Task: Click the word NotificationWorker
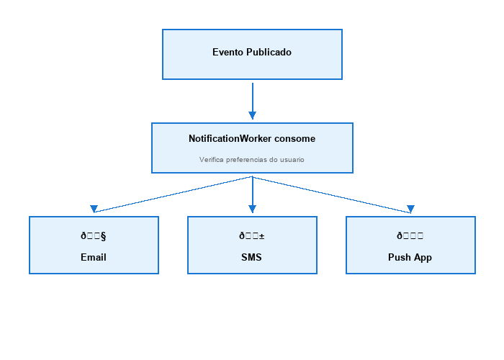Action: [x=230, y=138]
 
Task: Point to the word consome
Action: [x=294, y=138]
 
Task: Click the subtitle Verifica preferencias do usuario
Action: [x=252, y=159]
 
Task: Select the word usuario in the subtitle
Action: [x=291, y=159]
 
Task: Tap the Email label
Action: [x=94, y=257]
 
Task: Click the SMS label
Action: [x=252, y=257]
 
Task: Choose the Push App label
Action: [x=410, y=257]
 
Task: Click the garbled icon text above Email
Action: [x=94, y=235]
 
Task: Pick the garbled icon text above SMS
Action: [x=252, y=235]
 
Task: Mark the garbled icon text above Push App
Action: [x=410, y=235]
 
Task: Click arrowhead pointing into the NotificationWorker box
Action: [x=252, y=115]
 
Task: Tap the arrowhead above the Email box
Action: [x=94, y=209]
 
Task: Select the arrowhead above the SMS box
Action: [x=252, y=209]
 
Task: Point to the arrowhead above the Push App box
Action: [x=410, y=209]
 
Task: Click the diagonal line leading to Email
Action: [x=173, y=194]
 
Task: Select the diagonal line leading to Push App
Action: [x=331, y=194]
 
